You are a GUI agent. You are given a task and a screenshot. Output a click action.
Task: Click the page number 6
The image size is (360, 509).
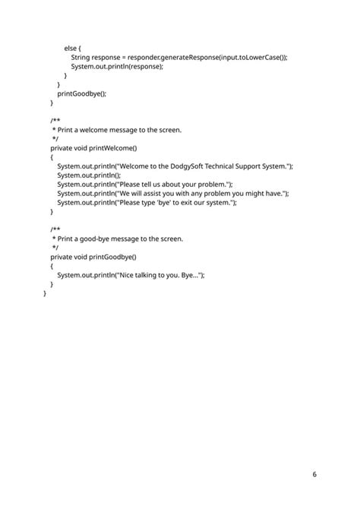point(314,474)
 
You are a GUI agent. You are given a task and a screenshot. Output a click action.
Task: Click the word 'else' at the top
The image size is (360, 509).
point(70,47)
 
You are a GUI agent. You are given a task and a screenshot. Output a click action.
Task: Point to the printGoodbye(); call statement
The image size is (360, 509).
point(81,93)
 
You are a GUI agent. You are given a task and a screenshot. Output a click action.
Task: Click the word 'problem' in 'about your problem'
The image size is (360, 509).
point(214,185)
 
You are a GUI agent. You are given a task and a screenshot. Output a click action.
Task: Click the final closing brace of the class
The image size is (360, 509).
point(46,293)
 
